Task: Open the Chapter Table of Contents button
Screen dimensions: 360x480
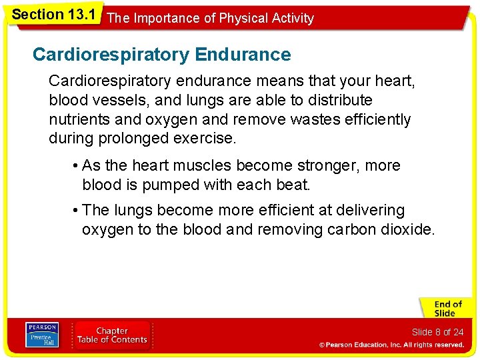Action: [x=112, y=335]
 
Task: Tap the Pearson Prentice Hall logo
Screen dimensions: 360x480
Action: [x=41, y=335]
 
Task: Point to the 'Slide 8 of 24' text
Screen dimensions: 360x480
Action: [x=437, y=332]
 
